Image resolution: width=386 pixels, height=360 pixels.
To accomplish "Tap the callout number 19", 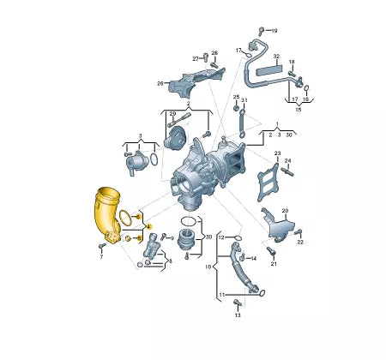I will pos(274,32).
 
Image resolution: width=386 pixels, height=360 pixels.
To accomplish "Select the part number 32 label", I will pos(276,56).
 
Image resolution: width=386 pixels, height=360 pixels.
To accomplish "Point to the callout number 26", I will pos(160,83).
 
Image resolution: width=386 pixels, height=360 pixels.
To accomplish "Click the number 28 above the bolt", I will pos(214,53).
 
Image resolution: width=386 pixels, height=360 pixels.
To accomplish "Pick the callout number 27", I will pos(196,57).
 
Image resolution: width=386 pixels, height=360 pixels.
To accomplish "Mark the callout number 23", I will pos(277,153).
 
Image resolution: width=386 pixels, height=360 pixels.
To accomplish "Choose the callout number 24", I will pos(288,160).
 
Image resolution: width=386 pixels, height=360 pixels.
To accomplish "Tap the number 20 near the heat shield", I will pos(285,210).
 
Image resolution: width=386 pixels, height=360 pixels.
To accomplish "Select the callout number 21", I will pos(274,264).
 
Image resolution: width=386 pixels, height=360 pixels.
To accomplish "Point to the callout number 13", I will pos(238,316).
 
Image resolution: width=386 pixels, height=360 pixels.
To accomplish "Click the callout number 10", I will pos(207,267).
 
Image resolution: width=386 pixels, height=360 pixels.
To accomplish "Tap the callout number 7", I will pos(100,256).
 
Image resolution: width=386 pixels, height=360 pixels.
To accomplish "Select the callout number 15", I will pos(299,110).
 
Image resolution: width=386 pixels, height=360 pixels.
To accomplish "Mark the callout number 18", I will pos(291,63).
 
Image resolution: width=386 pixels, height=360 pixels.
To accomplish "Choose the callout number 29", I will pos(172,114).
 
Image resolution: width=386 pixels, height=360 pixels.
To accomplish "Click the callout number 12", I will pos(220,237).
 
